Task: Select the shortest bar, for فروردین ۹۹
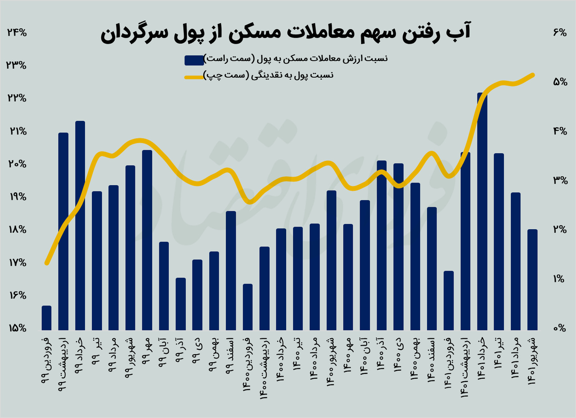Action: tap(47, 317)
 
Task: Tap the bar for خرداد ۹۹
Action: tap(80, 225)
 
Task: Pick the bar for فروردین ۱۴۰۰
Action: tap(247, 307)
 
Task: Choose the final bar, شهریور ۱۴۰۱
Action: tap(532, 279)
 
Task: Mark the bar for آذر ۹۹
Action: tap(180, 303)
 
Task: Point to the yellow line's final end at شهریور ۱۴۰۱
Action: tap(533, 75)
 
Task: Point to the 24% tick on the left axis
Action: tap(17, 32)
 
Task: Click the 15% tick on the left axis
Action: tap(17, 329)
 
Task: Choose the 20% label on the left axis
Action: tap(17, 164)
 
